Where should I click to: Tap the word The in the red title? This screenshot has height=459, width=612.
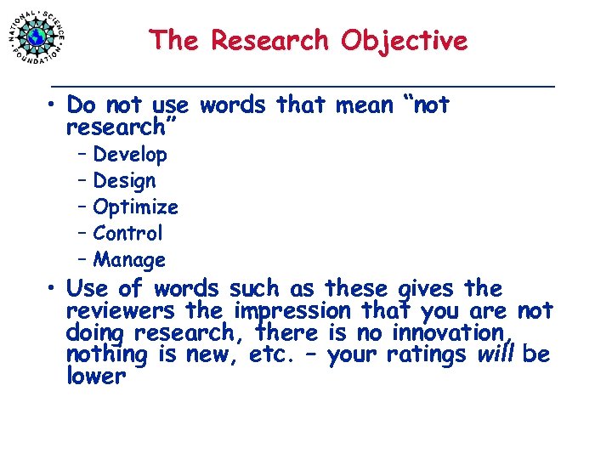click(x=176, y=41)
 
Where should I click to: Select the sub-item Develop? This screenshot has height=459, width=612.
click(x=130, y=155)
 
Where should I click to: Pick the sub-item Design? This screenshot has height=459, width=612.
click(x=124, y=181)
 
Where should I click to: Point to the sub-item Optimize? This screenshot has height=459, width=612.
click(x=135, y=207)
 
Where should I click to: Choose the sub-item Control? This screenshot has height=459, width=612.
click(x=127, y=233)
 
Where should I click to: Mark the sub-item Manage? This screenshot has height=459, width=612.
click(x=129, y=260)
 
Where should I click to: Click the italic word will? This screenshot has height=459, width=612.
click(x=496, y=354)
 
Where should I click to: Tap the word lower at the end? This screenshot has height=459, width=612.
click(x=95, y=377)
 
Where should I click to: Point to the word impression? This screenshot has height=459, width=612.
click(x=293, y=311)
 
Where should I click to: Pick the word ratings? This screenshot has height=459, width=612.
click(x=426, y=354)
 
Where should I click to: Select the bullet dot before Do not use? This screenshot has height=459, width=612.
click(x=53, y=105)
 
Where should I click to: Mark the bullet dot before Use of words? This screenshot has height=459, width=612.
click(x=53, y=289)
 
